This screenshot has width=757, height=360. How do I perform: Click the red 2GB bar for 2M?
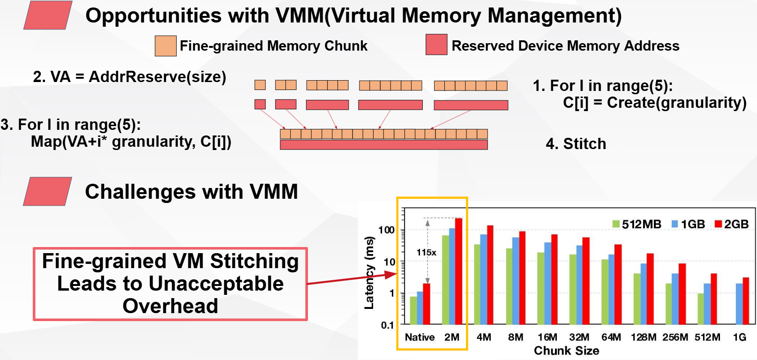pyautogui.click(x=458, y=271)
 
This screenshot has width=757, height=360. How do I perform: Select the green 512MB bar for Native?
pyautogui.click(x=413, y=310)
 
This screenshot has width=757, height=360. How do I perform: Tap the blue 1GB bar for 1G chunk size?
pyautogui.click(x=739, y=304)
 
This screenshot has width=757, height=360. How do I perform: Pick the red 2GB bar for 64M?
pyautogui.click(x=618, y=284)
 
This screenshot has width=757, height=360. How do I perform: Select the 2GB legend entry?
pyautogui.click(x=732, y=224)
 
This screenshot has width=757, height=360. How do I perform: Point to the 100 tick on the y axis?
pyautogui.click(x=386, y=230)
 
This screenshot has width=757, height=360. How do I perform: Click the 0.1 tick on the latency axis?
pyautogui.click(x=387, y=325)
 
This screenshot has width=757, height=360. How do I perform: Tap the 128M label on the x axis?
pyautogui.click(x=643, y=337)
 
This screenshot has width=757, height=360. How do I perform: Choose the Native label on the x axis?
pyautogui.click(x=420, y=337)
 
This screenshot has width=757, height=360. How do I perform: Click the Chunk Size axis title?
pyautogui.click(x=566, y=351)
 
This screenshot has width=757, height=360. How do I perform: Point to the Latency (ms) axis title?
pyautogui.click(x=369, y=273)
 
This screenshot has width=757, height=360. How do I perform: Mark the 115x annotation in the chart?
pyautogui.click(x=426, y=253)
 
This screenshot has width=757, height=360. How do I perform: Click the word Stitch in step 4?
pyautogui.click(x=585, y=144)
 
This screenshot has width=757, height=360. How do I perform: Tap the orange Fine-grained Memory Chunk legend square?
pyautogui.click(x=165, y=46)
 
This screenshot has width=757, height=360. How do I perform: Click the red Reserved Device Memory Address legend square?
pyautogui.click(x=436, y=45)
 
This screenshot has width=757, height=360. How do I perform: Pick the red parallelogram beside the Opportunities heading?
pyautogui.click(x=48, y=15)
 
